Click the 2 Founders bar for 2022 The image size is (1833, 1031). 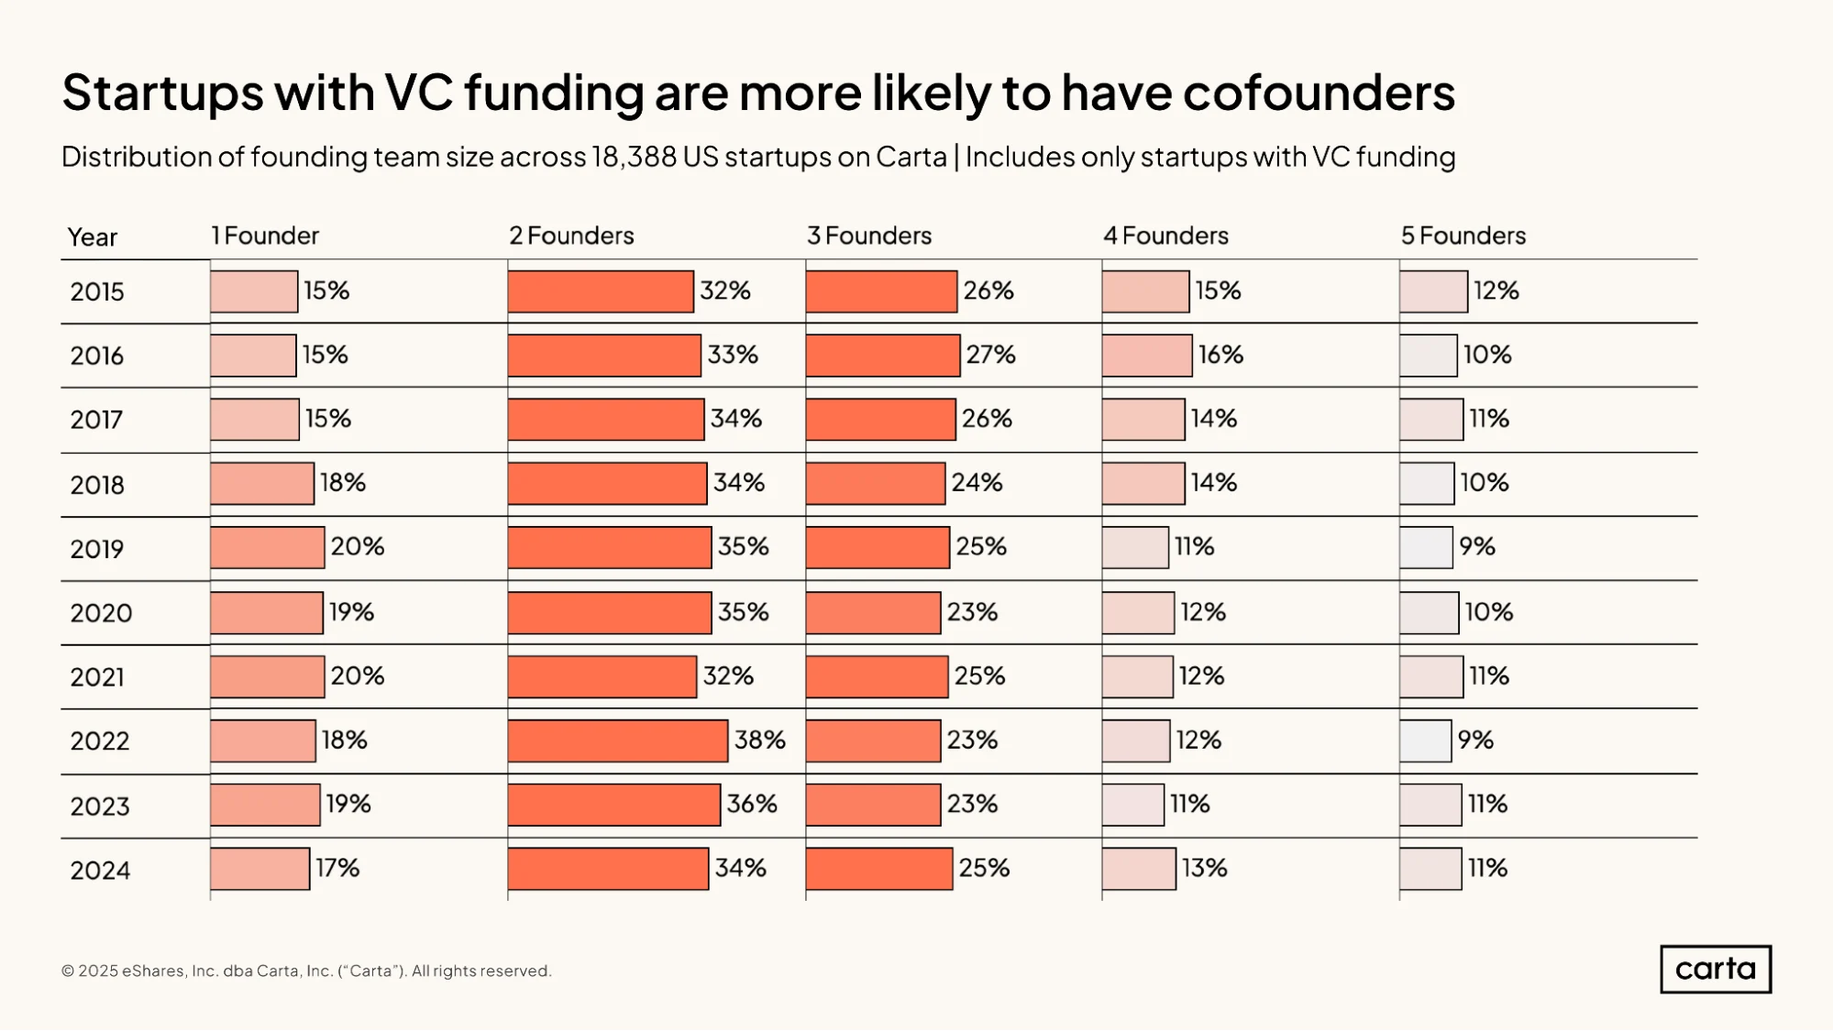(x=618, y=740)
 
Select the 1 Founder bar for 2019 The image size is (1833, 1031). (x=267, y=547)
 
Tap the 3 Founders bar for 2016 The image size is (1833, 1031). (x=883, y=356)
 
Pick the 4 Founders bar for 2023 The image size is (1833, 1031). (x=1132, y=805)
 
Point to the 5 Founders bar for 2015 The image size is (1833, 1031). (x=1433, y=291)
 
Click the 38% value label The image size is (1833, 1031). (x=760, y=740)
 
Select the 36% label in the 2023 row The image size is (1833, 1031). (x=752, y=804)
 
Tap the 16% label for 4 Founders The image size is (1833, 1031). (x=1220, y=355)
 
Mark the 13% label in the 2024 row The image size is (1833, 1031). (x=1204, y=868)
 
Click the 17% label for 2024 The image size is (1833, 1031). (x=337, y=868)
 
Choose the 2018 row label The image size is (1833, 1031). (x=97, y=485)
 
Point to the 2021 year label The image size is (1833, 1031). (x=97, y=677)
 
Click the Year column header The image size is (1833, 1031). (x=93, y=237)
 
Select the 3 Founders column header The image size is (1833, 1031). (x=869, y=236)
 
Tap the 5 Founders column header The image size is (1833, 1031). (x=1463, y=236)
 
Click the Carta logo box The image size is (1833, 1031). (x=1716, y=969)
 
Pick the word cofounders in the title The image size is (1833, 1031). (x=1319, y=93)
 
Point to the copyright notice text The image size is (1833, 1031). (x=306, y=971)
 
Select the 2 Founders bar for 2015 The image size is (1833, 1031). (x=601, y=291)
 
